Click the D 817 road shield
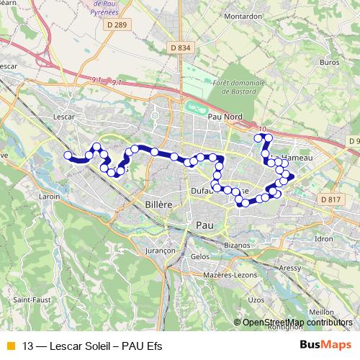point(329,199)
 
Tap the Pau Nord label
point(223,117)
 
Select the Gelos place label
point(200,256)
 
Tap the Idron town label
point(324,238)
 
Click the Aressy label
point(290,267)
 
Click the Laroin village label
point(50,195)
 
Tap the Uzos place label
point(256,298)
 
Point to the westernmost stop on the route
point(68,156)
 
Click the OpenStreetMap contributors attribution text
point(297,323)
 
